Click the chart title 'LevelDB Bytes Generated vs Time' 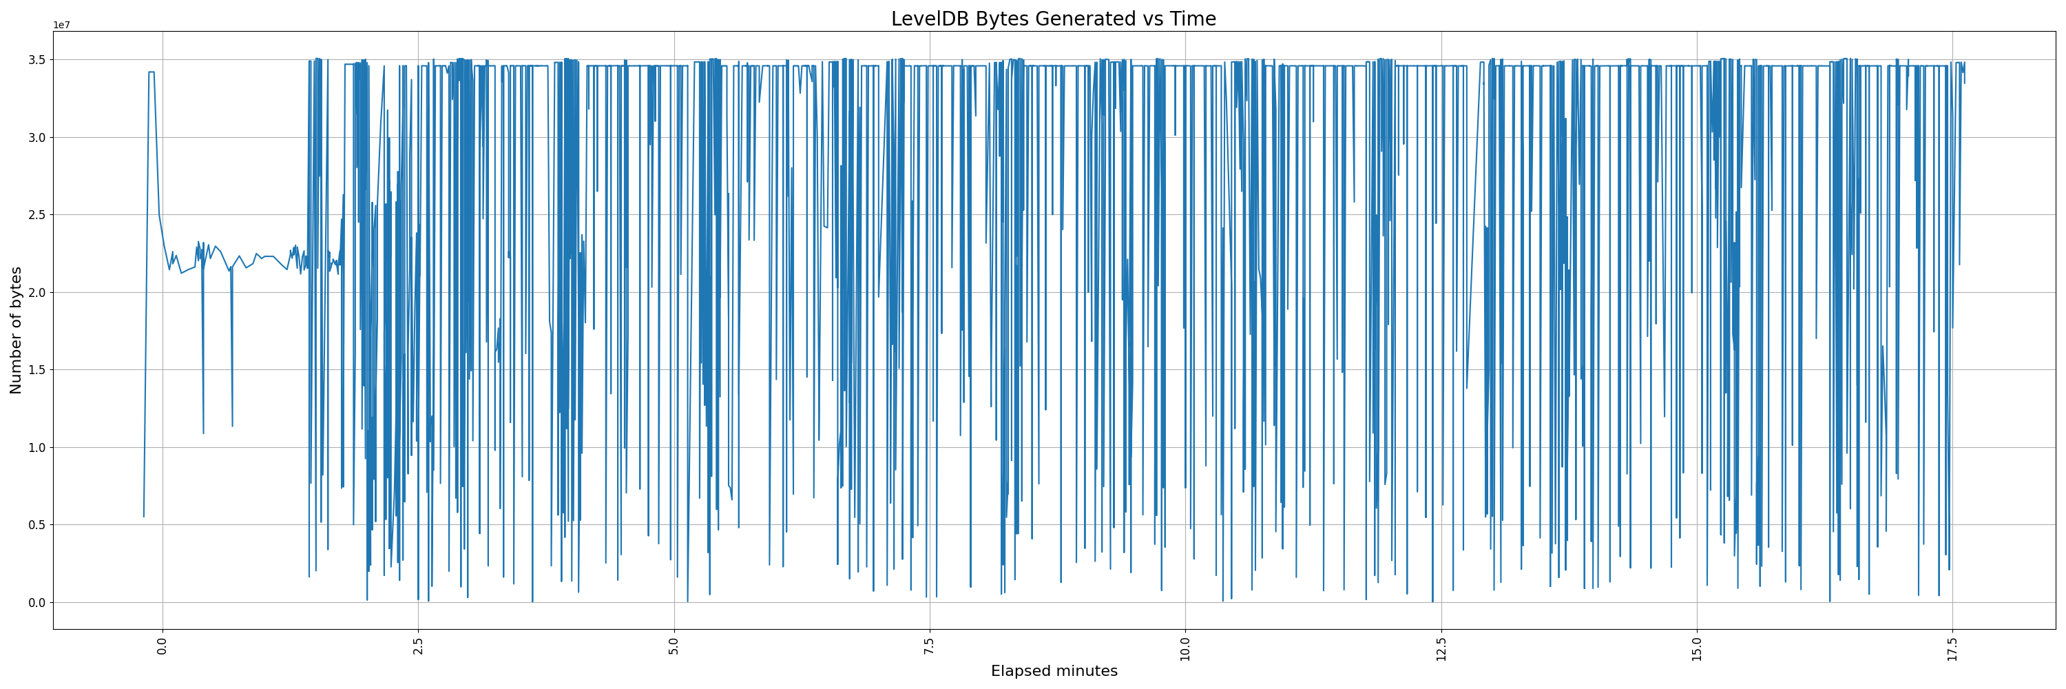[1053, 19]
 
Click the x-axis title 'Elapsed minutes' [1054, 671]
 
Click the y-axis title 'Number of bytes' [16, 331]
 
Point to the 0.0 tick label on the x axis [162, 646]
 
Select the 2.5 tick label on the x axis [418, 646]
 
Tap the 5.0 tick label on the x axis [674, 646]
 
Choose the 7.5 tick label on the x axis [930, 646]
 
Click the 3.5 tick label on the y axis [37, 60]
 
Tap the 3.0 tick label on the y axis [37, 138]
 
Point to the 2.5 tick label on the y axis [37, 215]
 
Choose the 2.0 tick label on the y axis [37, 293]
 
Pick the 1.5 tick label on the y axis [37, 370]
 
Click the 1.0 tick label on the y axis [37, 448]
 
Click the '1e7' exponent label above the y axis [62, 25]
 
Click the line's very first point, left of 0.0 [143, 517]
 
